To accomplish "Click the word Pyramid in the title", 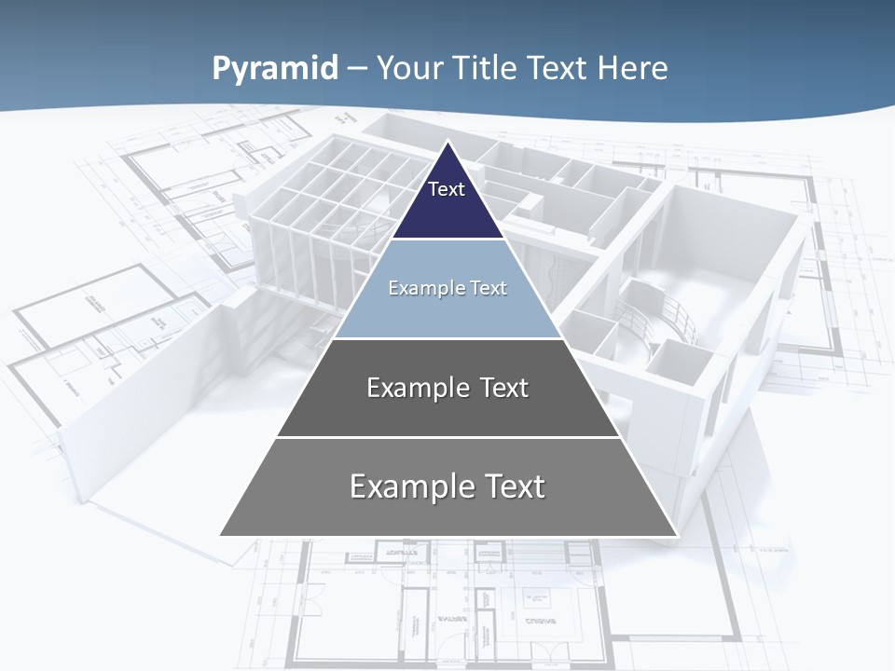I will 274,69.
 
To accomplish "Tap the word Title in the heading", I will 487,69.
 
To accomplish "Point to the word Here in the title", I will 633,69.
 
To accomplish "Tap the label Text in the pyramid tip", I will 447,189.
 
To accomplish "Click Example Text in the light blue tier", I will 447,288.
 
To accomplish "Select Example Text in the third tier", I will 447,388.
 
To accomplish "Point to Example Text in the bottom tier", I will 447,486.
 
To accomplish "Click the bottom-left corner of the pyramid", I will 221,535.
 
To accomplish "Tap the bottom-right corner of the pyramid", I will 676,535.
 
